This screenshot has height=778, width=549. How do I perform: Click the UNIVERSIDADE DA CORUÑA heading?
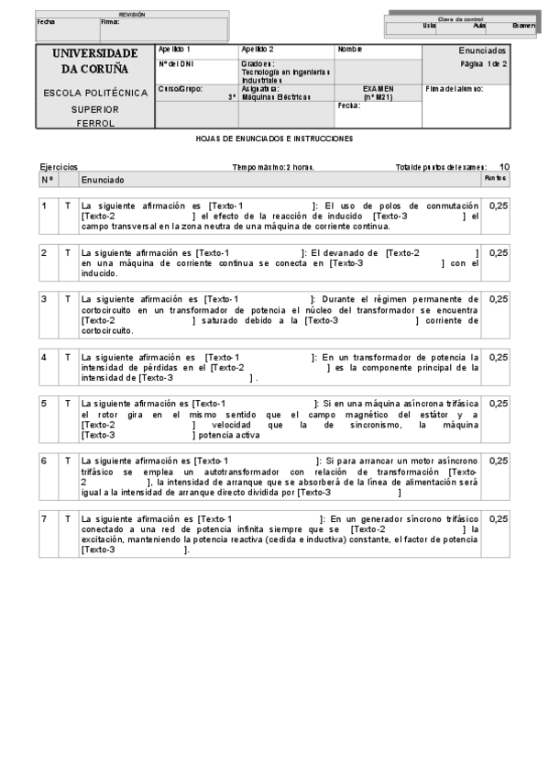pos(95,61)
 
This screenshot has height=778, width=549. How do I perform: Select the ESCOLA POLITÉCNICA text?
pos(95,93)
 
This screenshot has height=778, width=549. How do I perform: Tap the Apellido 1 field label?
pos(175,49)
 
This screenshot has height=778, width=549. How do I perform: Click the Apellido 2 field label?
pos(258,49)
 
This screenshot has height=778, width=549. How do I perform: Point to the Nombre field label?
pos(349,49)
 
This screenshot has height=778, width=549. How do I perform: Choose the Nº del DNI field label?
pos(175,64)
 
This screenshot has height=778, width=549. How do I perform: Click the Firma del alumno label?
pos(455,89)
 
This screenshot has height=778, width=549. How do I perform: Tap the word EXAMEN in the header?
pos(378,89)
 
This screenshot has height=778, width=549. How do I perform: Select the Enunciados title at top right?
pos(482,50)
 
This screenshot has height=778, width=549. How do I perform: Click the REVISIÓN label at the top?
pos(132,15)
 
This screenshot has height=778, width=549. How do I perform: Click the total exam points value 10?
pos(504,167)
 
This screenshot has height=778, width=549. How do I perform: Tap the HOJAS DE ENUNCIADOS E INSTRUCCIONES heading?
pos(275,139)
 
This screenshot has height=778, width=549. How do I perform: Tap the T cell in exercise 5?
pos(67,403)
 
